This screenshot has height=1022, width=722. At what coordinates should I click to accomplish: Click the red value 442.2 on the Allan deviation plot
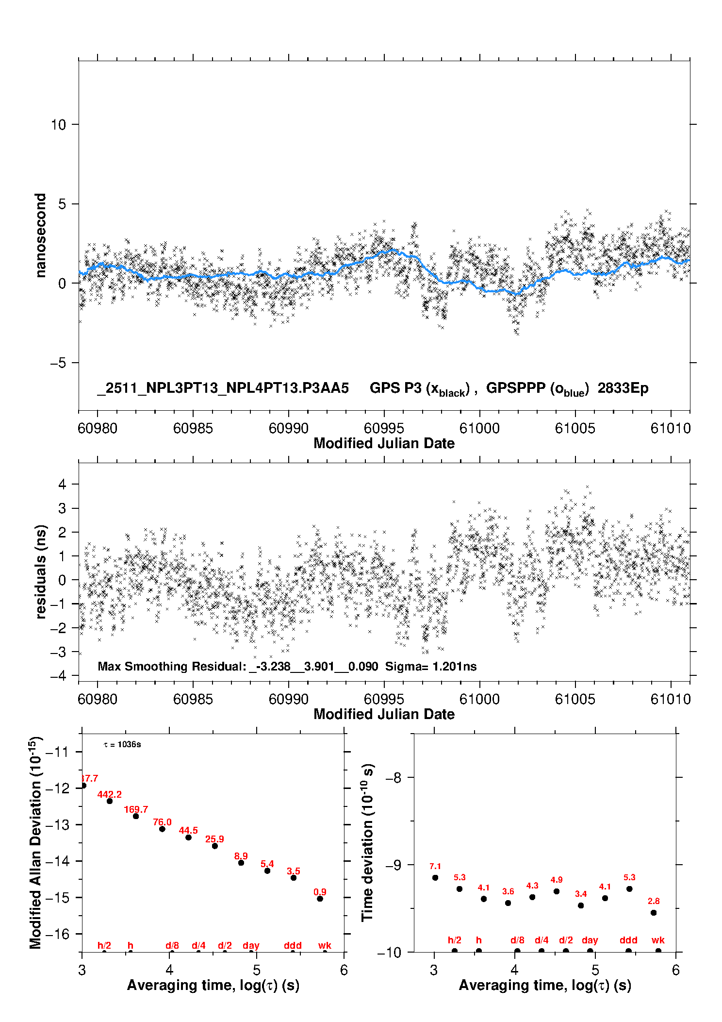click(x=110, y=794)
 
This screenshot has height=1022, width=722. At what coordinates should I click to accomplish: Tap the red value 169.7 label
click(x=136, y=809)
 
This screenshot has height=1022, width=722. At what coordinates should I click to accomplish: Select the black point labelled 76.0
click(x=162, y=829)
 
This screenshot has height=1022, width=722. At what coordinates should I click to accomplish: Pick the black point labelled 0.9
click(x=320, y=899)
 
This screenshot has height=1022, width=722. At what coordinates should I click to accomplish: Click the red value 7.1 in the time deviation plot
click(x=435, y=866)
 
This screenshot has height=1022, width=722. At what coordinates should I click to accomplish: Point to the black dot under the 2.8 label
click(x=654, y=913)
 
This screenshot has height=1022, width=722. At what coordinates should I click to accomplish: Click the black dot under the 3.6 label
click(x=508, y=903)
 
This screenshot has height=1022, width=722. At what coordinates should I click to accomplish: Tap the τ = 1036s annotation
click(x=122, y=745)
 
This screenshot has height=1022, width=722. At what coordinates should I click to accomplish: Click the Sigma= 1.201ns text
click(x=431, y=667)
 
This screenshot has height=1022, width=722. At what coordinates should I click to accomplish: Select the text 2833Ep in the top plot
click(x=623, y=388)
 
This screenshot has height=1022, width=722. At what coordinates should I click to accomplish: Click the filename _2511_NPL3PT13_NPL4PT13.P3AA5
click(x=223, y=388)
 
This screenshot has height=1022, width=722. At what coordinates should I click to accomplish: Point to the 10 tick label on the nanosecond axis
click(x=58, y=125)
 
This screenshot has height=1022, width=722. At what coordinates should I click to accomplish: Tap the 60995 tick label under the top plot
click(x=384, y=428)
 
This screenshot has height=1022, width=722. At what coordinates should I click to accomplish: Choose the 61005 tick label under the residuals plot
click(x=575, y=699)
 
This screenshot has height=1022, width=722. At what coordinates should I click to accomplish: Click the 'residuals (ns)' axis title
click(x=41, y=571)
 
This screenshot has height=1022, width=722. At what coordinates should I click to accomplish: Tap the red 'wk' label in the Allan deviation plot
click(x=325, y=945)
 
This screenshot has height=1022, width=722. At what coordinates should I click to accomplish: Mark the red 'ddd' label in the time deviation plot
click(x=628, y=940)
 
